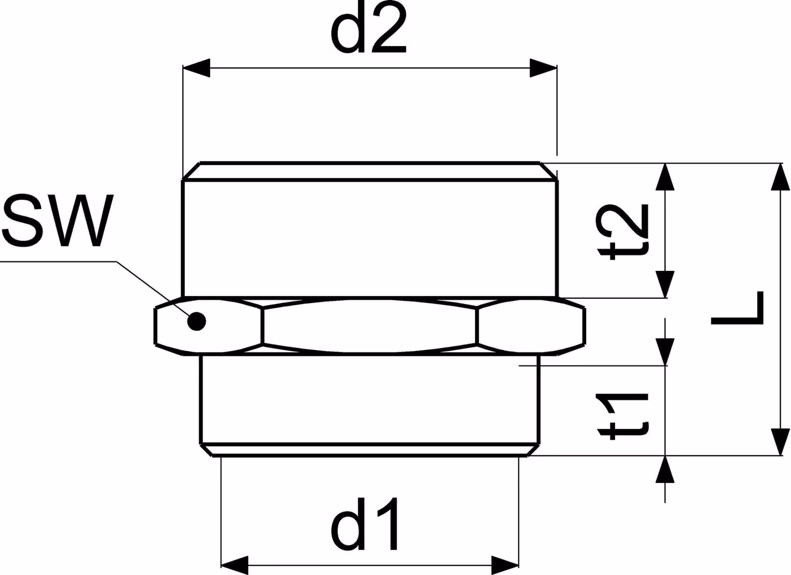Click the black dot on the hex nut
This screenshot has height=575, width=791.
point(197,321)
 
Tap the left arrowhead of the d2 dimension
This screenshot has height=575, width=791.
point(196,67)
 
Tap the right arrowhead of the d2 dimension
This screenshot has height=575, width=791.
point(543,67)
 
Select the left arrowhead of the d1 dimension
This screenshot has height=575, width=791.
point(235,565)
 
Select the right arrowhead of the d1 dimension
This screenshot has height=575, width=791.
point(505,565)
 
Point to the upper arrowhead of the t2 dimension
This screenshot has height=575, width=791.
point(665,177)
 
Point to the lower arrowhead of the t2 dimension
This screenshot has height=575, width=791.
point(665,284)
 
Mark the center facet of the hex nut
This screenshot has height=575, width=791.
point(369,325)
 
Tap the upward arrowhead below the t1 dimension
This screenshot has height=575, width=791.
point(665,470)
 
